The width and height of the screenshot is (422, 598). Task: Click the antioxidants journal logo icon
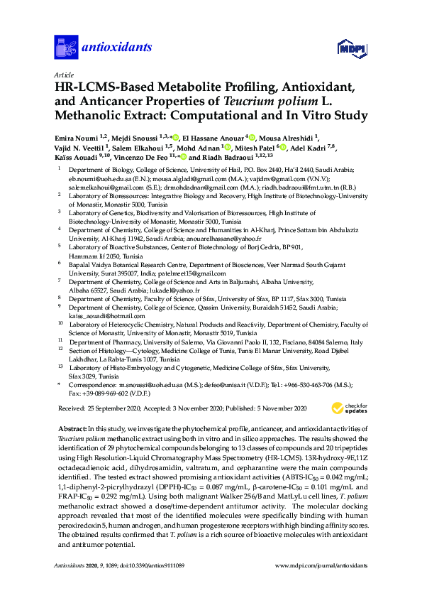click(x=65, y=48)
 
